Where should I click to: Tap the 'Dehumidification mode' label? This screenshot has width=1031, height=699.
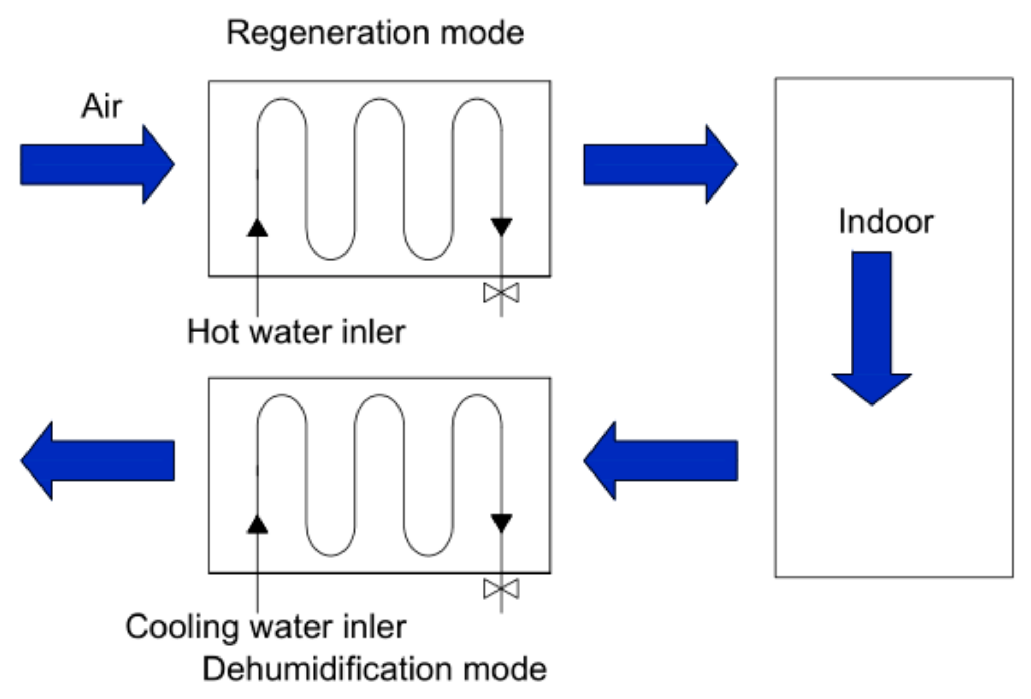point(375,669)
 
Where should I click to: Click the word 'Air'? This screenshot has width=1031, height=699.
point(102,106)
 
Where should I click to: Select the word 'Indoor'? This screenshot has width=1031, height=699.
point(886,222)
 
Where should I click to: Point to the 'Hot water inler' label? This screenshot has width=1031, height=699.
point(296,332)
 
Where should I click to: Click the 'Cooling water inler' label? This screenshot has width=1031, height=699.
point(266,627)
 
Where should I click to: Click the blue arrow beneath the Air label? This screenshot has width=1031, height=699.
point(98,164)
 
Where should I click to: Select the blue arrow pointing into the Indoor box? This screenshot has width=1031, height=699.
point(661,164)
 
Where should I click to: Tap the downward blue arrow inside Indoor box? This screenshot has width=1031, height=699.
point(872,328)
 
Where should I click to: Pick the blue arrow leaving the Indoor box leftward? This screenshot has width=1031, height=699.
point(661,460)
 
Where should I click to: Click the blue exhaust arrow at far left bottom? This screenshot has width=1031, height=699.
point(98,460)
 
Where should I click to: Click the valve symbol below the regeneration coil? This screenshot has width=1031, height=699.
point(501,293)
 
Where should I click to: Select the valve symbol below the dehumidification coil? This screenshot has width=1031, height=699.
point(501,589)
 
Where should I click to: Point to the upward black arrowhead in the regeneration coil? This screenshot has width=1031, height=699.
point(257,228)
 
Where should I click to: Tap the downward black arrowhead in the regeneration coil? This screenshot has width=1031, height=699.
point(501,227)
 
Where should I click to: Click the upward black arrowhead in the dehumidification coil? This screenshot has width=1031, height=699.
point(257,524)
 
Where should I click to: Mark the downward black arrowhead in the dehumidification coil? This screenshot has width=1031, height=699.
point(501,523)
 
